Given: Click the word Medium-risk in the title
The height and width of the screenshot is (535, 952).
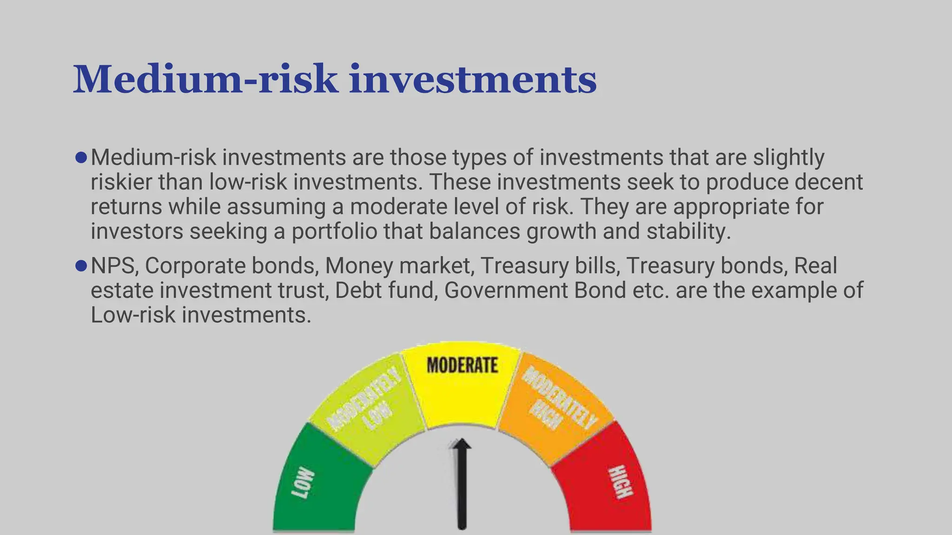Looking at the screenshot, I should pos(205,80).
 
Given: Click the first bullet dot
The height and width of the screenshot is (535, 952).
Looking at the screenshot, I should pos(81,158).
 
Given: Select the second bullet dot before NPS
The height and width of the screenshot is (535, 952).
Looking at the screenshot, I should pos(81,266).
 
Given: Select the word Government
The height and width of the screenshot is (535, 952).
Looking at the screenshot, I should pos(506,291).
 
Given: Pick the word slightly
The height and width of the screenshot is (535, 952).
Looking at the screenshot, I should pos(788,158).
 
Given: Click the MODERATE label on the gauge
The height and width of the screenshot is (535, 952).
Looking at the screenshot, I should pos(462,365).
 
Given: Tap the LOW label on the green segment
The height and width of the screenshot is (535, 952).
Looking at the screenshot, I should pos(303,484).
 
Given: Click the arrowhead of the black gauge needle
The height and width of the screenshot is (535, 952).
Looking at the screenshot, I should pos(461,445).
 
